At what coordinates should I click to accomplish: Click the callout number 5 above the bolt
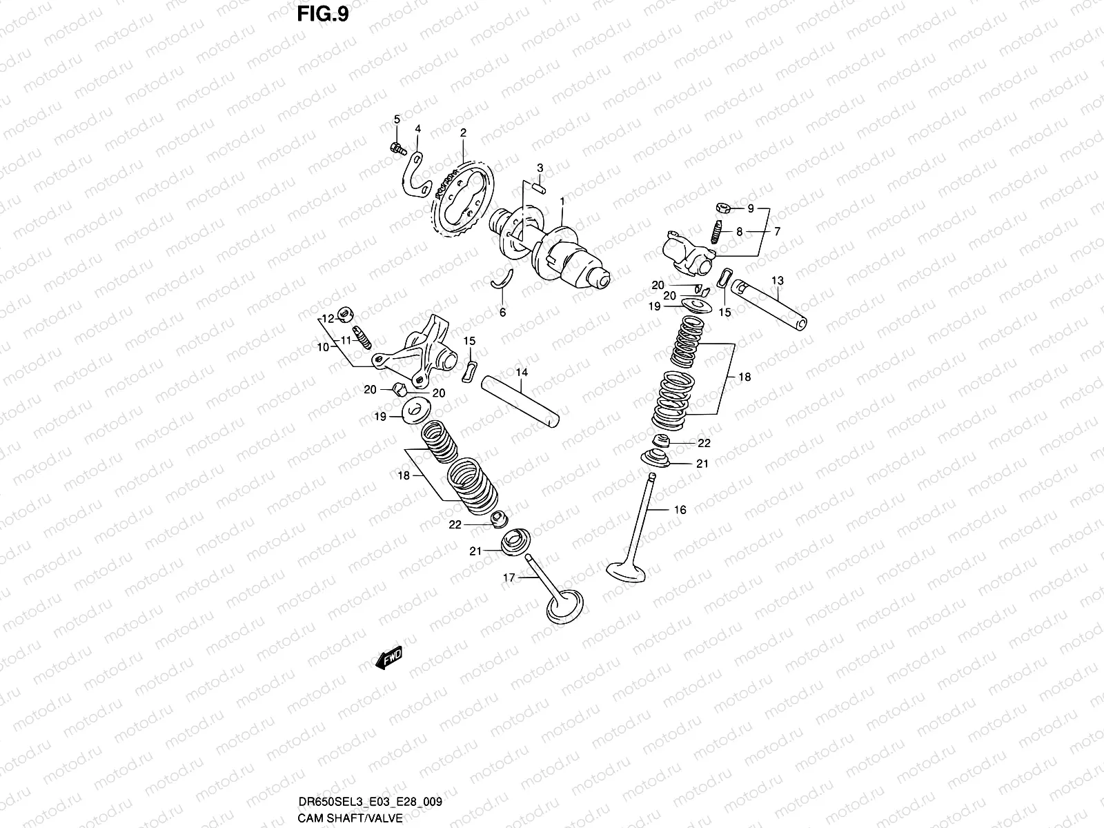397,120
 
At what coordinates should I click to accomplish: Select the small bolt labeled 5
396,147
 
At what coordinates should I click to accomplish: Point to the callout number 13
778,280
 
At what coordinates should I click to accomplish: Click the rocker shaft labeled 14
521,400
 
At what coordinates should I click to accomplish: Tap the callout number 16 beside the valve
680,510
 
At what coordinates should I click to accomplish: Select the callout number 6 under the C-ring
502,313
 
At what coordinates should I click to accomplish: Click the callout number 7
777,232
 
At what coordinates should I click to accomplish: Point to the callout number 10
324,347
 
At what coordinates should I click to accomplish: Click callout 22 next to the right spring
703,443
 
